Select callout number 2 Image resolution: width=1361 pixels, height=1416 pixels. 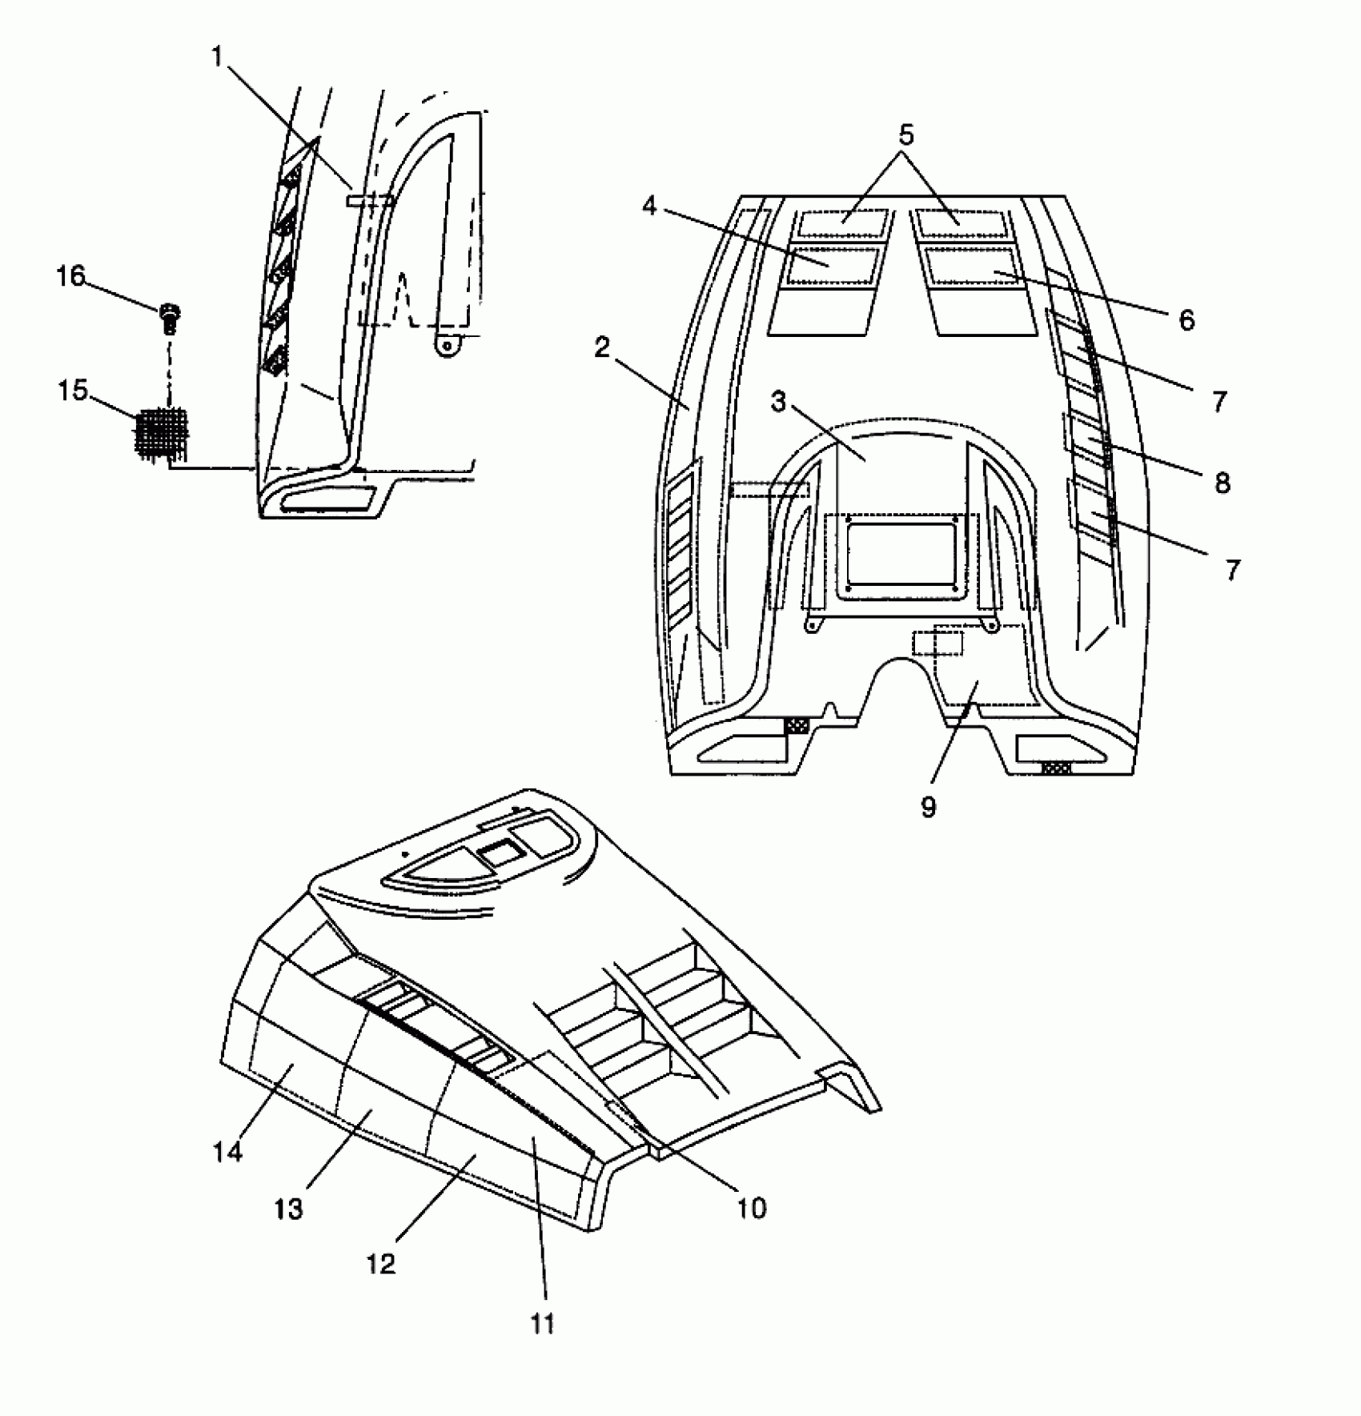pos(602,347)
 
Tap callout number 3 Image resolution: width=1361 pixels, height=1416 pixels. pos(779,401)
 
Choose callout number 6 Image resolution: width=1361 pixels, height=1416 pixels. pos(1186,320)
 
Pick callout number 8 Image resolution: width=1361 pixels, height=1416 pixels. pos(1222,483)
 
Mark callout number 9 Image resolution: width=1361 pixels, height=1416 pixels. pos(928,807)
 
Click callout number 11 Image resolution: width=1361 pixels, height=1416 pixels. pos(542,1323)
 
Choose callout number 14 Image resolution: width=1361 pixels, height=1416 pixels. pos(227,1153)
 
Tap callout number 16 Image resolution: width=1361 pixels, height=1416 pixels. pos(70,276)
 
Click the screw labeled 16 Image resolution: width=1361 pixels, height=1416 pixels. pos(169,317)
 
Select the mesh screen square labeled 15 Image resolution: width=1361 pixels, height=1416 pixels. pos(163,432)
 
